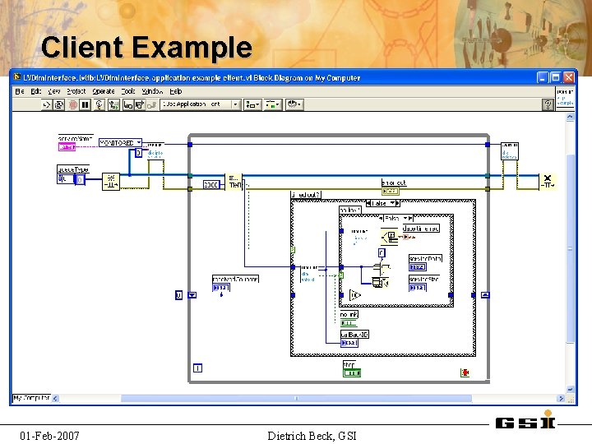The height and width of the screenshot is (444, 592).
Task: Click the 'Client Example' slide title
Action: click(x=146, y=47)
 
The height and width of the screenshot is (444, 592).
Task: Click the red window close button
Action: click(x=568, y=77)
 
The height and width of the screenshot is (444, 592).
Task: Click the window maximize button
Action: click(x=556, y=77)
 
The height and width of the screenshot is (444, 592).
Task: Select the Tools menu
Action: click(x=128, y=91)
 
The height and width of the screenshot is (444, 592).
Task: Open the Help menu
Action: click(x=174, y=91)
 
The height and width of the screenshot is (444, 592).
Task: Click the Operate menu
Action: click(x=104, y=91)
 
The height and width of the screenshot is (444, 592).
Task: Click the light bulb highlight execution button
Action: click(x=98, y=104)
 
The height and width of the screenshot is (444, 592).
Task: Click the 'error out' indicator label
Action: click(x=394, y=183)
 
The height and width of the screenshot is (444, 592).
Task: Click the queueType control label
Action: click(x=72, y=169)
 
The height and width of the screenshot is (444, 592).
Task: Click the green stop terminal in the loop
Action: click(x=351, y=372)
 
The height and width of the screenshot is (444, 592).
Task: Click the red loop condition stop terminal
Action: click(x=465, y=372)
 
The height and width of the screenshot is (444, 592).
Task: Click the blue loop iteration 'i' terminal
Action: click(x=197, y=368)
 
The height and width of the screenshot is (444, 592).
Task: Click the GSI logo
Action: click(x=526, y=422)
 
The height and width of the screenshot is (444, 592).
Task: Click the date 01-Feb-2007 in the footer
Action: click(x=50, y=435)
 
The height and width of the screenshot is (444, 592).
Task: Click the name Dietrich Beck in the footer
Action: click(x=312, y=435)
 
